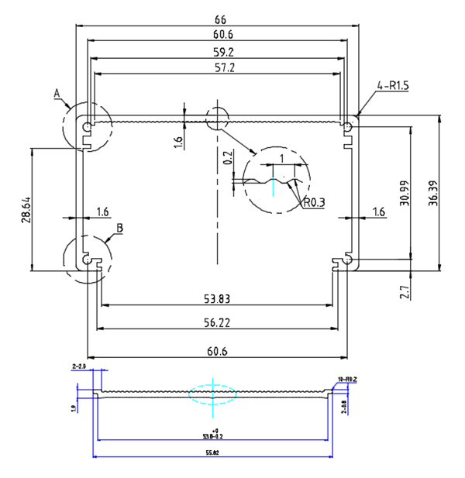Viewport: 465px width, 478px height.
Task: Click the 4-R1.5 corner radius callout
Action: pyautogui.click(x=393, y=85)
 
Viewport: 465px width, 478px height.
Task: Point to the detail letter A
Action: pyautogui.click(x=57, y=93)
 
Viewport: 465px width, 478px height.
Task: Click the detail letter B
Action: pyautogui.click(x=119, y=228)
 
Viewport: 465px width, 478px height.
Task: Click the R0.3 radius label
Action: pyautogui.click(x=313, y=203)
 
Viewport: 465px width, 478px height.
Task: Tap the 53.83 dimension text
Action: pyautogui.click(x=218, y=298)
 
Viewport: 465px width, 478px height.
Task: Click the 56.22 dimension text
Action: pyautogui.click(x=218, y=322)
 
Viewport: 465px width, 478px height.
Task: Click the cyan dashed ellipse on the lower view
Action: pyautogui.click(x=212, y=394)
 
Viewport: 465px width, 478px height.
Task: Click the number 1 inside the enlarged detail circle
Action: pyautogui.click(x=281, y=158)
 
